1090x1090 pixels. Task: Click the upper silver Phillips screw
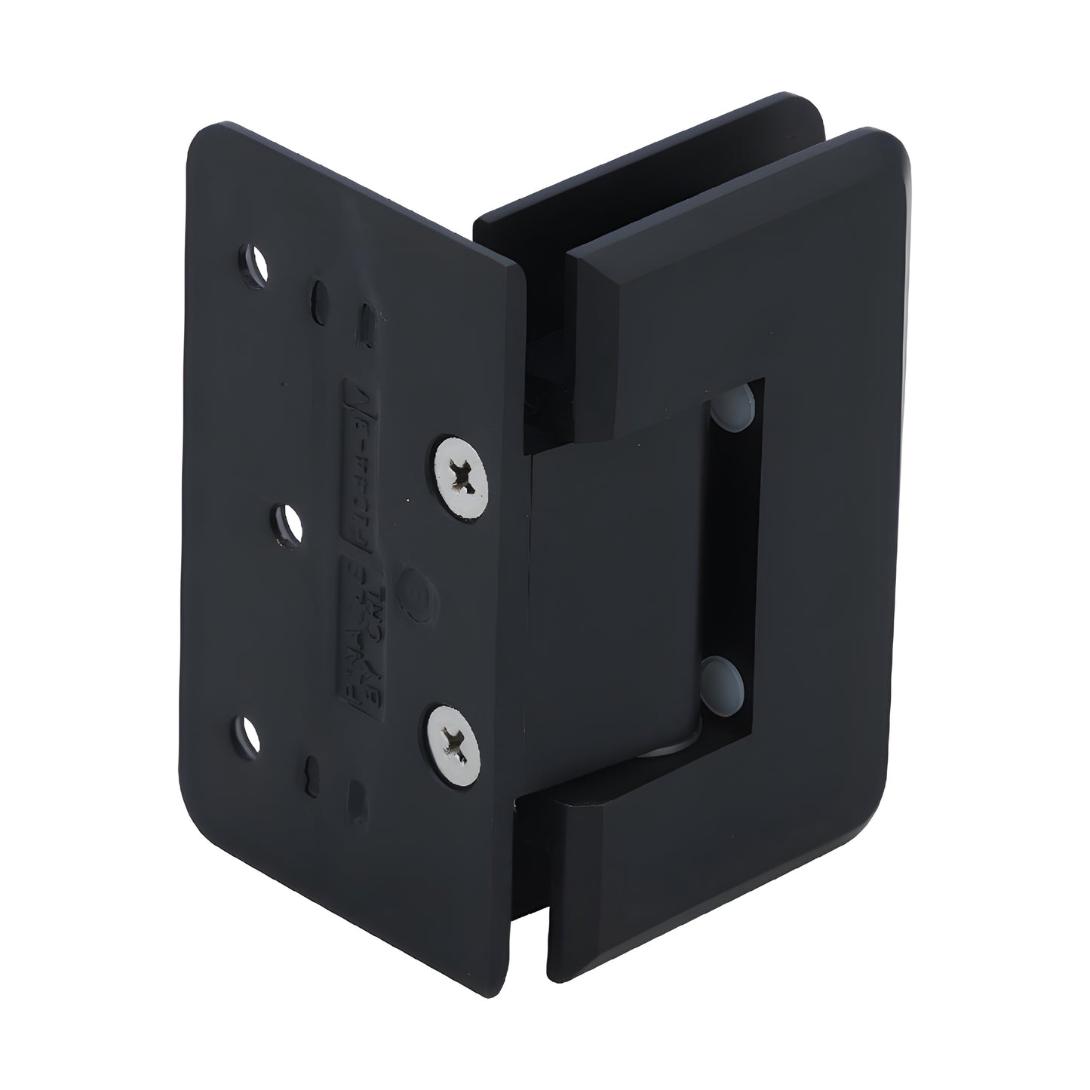(x=461, y=477)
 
